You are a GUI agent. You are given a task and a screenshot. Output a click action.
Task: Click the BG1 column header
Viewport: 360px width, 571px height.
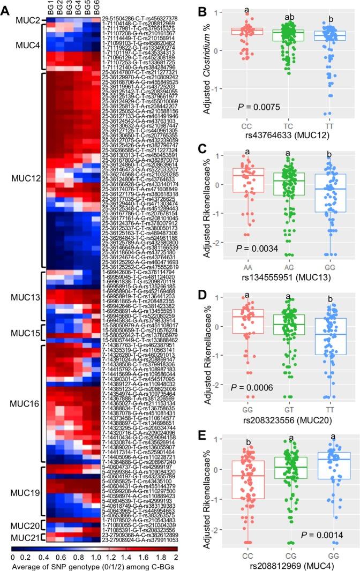coord(50,9)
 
